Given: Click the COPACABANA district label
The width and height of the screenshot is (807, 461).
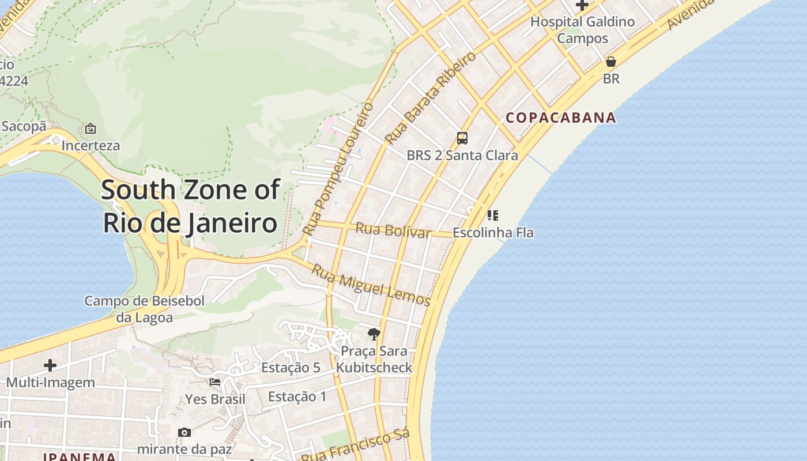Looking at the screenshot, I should pyautogui.click(x=561, y=118).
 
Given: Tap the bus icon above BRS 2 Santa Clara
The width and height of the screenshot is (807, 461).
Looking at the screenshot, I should pyautogui.click(x=462, y=138).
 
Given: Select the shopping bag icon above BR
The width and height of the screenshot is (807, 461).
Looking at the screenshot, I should pyautogui.click(x=611, y=62).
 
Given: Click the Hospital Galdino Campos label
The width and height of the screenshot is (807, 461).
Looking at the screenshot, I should pyautogui.click(x=582, y=30).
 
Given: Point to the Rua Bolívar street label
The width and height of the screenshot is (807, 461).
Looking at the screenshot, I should pyautogui.click(x=393, y=229).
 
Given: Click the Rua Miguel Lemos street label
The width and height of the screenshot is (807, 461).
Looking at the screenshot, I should pyautogui.click(x=371, y=285).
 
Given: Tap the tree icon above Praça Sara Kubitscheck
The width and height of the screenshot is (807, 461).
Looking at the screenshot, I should pyautogui.click(x=374, y=334).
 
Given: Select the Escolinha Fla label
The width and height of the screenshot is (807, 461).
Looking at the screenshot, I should pyautogui.click(x=493, y=233).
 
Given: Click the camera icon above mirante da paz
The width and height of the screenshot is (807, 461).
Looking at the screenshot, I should pyautogui.click(x=184, y=432).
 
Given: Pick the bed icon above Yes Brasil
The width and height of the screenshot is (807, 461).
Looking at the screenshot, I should pyautogui.click(x=215, y=381).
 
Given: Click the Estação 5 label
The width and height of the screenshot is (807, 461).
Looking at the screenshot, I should pyautogui.click(x=291, y=368).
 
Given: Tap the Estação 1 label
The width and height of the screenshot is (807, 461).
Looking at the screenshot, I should pyautogui.click(x=297, y=396).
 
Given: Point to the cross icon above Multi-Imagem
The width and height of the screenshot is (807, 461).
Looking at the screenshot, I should pyautogui.click(x=50, y=365).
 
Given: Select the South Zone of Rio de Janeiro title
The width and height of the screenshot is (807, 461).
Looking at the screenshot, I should pyautogui.click(x=191, y=206).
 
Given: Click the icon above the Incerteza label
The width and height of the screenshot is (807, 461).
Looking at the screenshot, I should pyautogui.click(x=90, y=129).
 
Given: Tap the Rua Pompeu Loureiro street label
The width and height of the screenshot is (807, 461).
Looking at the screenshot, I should pyautogui.click(x=338, y=169).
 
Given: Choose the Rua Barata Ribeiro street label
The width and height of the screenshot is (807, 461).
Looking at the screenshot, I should pyautogui.click(x=431, y=98).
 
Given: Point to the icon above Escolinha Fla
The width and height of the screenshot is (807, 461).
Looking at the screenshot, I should pyautogui.click(x=492, y=216).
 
